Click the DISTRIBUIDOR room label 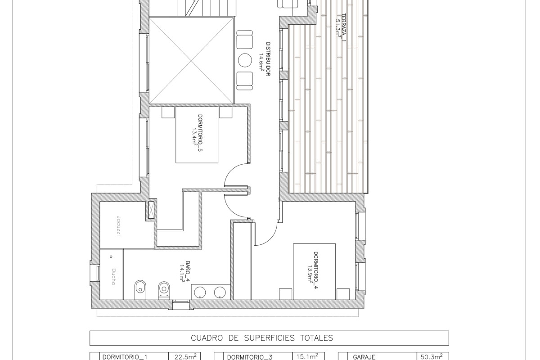point(268,59)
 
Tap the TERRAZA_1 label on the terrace point(344,27)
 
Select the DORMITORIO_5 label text point(200,133)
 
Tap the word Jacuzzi point(119,226)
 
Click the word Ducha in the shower point(114,277)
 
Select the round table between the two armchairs point(245,60)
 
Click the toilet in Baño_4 point(164,290)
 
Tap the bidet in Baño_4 point(140,289)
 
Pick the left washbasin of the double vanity point(200,292)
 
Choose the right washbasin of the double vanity point(220,292)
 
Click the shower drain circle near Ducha point(111,257)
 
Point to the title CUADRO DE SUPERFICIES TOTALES point(262,338)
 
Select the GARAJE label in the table point(364,357)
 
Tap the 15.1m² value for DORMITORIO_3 point(310,356)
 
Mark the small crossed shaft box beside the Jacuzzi point(151,210)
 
